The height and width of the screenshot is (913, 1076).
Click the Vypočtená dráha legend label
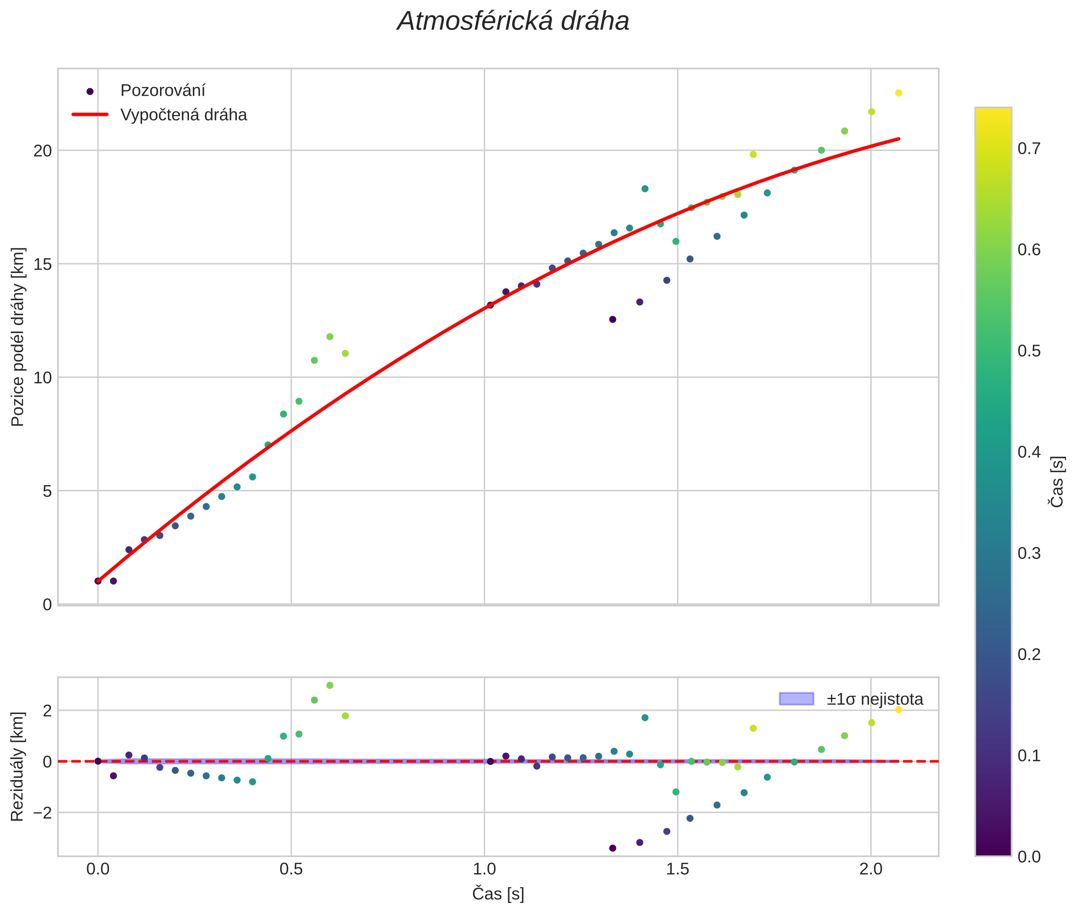coord(183,115)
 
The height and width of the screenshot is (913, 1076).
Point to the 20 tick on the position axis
coord(43,151)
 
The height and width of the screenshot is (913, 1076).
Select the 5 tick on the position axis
coord(47,491)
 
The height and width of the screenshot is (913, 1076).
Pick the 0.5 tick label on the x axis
coord(291,869)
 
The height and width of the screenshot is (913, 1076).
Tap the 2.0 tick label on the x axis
coord(871,869)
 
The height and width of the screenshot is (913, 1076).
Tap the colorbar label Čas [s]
coord(1057,481)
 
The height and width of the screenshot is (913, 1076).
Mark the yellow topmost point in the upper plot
coord(899,93)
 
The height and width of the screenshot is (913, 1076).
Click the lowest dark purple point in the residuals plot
coord(612,848)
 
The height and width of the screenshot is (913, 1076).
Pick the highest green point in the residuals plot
coord(330,685)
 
